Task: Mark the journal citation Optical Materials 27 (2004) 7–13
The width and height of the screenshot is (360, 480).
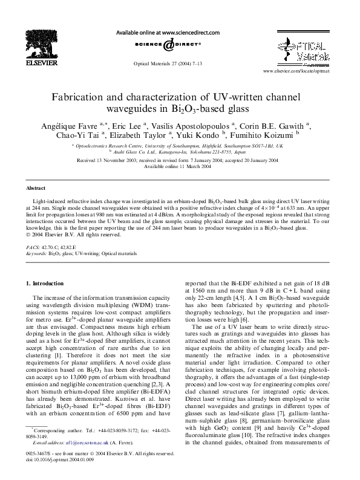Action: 168,62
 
